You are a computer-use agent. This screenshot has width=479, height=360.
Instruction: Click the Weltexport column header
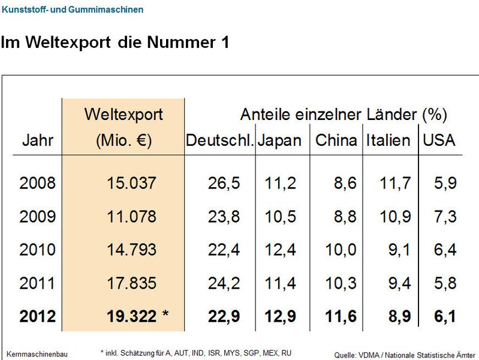(123, 114)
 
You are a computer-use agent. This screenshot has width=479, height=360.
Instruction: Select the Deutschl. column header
(220, 140)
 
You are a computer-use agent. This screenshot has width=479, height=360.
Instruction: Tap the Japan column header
(279, 140)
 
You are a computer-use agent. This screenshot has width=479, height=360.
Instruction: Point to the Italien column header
(388, 140)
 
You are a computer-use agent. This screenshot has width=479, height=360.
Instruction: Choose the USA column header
(439, 140)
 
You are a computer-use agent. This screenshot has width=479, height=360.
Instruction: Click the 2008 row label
(37, 183)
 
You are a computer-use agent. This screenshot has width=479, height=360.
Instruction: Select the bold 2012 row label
(37, 316)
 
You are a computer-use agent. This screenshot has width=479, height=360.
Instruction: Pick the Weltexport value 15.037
(131, 183)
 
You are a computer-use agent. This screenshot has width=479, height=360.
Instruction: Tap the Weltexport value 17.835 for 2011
(131, 283)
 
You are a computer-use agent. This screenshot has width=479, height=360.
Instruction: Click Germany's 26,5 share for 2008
(224, 183)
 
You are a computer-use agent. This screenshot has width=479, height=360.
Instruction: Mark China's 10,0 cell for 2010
(341, 250)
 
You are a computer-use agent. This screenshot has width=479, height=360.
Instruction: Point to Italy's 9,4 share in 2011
(396, 283)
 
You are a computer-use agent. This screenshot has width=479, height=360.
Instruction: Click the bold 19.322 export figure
(131, 316)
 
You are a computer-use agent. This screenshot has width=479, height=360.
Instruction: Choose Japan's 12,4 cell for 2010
(280, 250)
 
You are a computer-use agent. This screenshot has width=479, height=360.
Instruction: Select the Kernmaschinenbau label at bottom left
(37, 354)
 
